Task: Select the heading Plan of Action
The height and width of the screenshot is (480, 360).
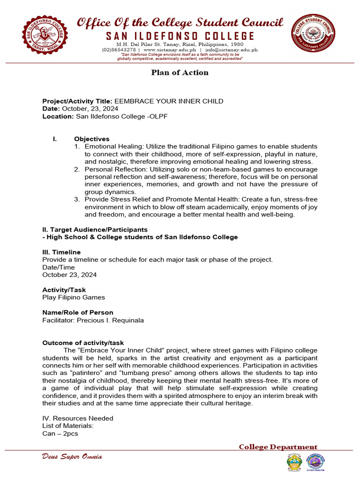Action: pyautogui.click(x=180, y=73)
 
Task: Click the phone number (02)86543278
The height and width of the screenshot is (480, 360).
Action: pyautogui.click(x=119, y=50)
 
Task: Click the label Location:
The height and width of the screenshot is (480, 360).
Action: pyautogui.click(x=58, y=116)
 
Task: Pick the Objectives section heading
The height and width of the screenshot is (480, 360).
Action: pyautogui.click(x=92, y=139)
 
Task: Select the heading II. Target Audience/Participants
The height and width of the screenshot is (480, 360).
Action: pyautogui.click(x=95, y=230)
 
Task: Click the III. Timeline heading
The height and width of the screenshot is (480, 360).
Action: pyautogui.click(x=61, y=252)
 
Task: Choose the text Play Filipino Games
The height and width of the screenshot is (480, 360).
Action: pyautogui.click(x=74, y=297)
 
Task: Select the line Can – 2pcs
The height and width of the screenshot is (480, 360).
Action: pyautogui.click(x=60, y=434)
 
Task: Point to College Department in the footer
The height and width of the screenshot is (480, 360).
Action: pyautogui.click(x=278, y=447)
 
